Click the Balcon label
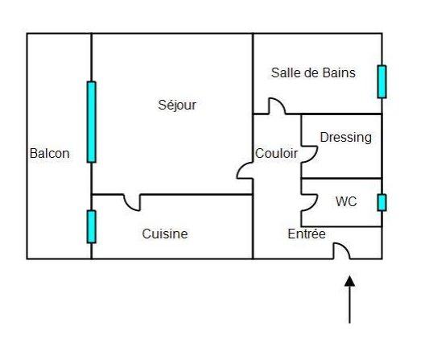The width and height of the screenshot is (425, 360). click(x=50, y=154)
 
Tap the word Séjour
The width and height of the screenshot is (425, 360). click(x=177, y=106)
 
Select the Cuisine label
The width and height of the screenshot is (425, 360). click(x=165, y=234)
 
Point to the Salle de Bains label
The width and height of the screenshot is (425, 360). click(x=313, y=72)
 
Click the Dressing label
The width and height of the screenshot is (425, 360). click(x=346, y=138)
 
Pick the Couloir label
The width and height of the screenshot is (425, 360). click(x=276, y=154)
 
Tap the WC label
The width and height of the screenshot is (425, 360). click(x=346, y=201)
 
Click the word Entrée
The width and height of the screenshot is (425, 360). click(x=307, y=234)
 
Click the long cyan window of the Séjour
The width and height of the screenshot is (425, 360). click(x=92, y=122)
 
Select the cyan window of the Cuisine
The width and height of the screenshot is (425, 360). click(x=92, y=226)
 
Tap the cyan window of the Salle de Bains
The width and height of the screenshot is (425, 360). click(x=382, y=81)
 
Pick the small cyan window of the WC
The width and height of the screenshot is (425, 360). click(x=382, y=202)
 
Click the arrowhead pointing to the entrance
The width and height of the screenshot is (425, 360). click(x=349, y=281)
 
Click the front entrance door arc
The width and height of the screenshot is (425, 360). click(x=345, y=247)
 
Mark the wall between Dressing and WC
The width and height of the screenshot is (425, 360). click(x=341, y=179)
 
